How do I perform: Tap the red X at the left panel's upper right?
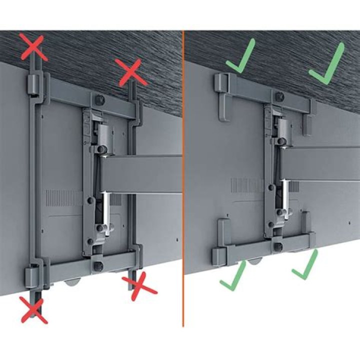130,71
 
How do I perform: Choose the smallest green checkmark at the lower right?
305,265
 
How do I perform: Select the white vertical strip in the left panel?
106,207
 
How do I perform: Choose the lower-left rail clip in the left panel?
32,275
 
